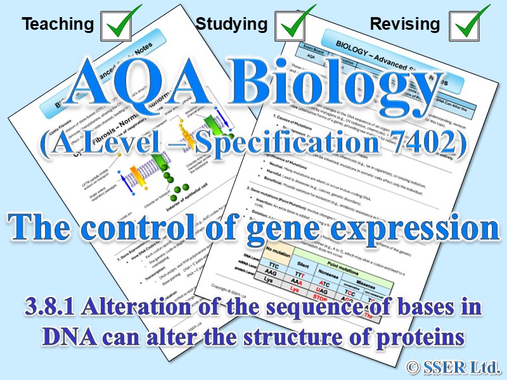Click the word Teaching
click(58, 24)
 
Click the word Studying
click(231, 24)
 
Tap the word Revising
click(404, 24)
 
